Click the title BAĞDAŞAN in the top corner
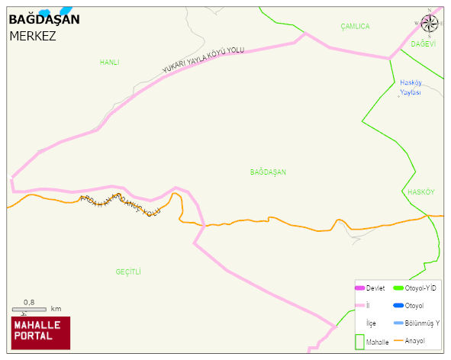(x=43, y=21)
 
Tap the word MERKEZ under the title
(x=33, y=36)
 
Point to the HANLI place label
(x=109, y=63)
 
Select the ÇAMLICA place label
(x=355, y=27)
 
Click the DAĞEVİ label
(x=423, y=44)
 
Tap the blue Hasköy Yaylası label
(x=411, y=87)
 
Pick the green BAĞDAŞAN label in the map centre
(x=268, y=172)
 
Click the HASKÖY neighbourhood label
(x=420, y=192)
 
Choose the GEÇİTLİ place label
(x=128, y=272)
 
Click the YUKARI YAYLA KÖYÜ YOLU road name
(x=202, y=59)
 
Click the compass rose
(x=429, y=23)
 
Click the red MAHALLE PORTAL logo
(x=40, y=333)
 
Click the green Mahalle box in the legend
(x=359, y=342)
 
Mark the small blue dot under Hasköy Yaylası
(x=398, y=97)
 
